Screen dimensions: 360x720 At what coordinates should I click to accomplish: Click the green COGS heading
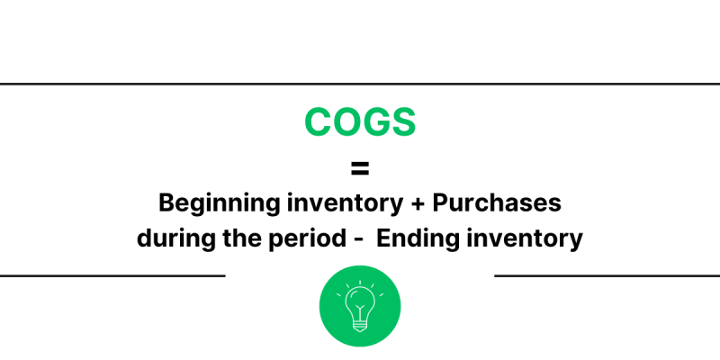[360, 122]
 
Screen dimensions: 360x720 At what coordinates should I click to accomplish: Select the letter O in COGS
[346, 122]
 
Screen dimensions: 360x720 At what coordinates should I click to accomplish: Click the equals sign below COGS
[360, 168]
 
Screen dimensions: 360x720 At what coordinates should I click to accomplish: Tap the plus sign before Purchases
[417, 204]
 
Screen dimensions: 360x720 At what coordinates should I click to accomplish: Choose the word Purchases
[498, 203]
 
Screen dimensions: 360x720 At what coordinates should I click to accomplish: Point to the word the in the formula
[231, 239]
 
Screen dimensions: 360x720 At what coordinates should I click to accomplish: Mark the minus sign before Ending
[357, 240]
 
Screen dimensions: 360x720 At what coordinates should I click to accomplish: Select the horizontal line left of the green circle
[112, 275]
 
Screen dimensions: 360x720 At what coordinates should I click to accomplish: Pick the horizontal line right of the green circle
[607, 275]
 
